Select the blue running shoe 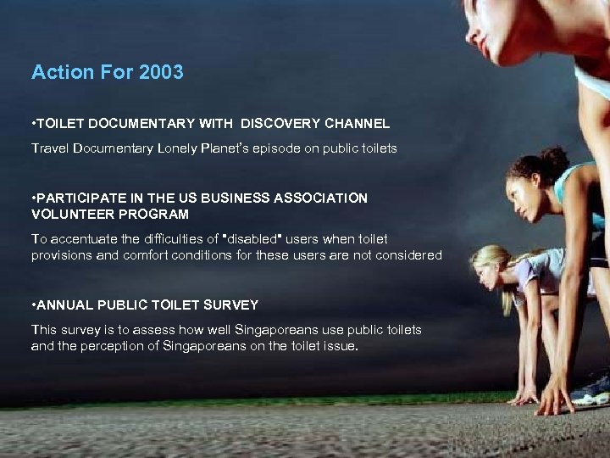coord(591,391)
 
